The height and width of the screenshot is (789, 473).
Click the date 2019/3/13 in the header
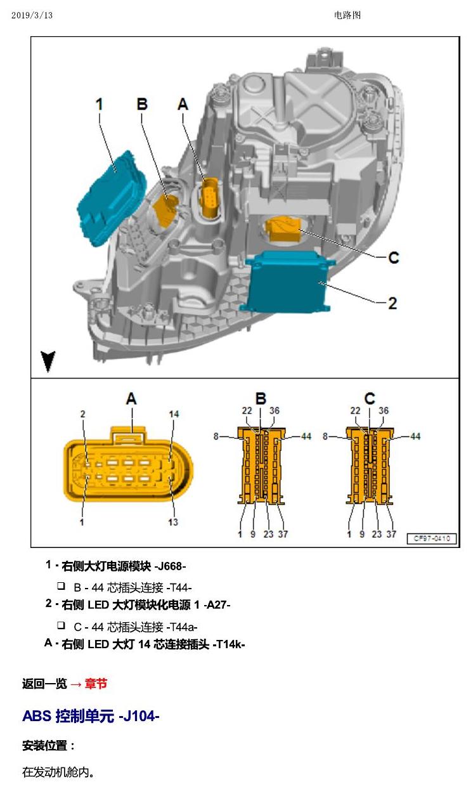click(32, 15)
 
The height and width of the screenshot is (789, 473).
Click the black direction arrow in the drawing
click(48, 361)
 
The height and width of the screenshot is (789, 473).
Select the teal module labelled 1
click(112, 199)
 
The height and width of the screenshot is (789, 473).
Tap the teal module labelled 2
click(287, 282)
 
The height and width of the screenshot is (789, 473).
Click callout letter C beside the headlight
click(393, 258)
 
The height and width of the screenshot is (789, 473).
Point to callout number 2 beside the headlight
click(392, 303)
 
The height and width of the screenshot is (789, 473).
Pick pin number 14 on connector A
click(174, 414)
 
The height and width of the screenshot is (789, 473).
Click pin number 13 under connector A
click(173, 522)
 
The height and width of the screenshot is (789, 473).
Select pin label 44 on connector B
click(306, 436)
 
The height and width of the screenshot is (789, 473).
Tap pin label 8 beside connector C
click(325, 436)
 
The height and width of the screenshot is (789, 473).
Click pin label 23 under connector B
click(268, 534)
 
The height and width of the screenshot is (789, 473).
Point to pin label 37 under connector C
click(391, 534)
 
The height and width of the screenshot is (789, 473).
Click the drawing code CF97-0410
click(432, 538)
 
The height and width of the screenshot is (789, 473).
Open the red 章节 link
click(96, 684)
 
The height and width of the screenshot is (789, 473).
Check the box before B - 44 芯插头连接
click(61, 586)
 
